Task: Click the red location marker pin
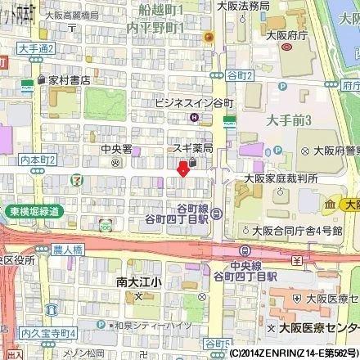point(182,168)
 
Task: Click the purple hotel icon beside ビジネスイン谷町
point(192,117)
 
